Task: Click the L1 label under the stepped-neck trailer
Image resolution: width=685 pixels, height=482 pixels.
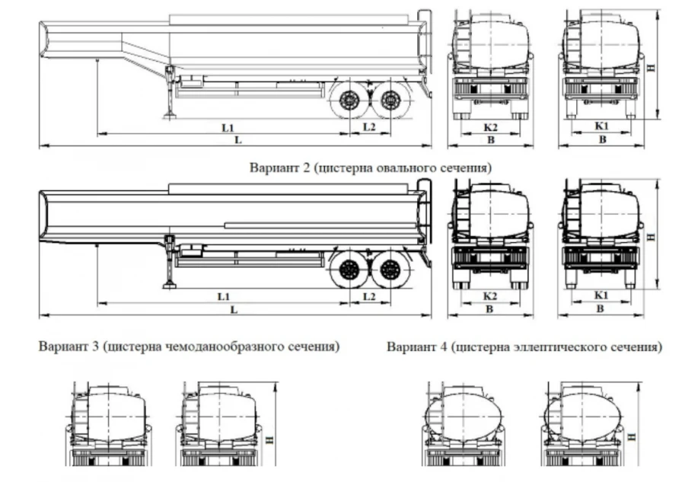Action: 228,126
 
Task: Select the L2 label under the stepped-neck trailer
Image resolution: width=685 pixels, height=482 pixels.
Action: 369,126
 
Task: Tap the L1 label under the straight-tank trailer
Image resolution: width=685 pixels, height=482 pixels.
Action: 224,295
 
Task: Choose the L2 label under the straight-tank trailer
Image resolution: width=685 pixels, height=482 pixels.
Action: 369,295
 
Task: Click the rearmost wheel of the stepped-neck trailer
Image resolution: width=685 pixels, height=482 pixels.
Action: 391,98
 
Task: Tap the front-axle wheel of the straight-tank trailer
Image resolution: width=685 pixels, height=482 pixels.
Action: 349,269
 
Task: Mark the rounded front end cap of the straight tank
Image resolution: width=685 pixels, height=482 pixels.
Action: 44,215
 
